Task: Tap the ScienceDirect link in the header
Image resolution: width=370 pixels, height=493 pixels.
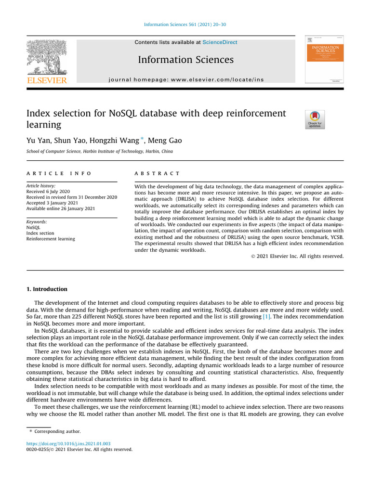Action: pyautogui.click(x=220, y=42)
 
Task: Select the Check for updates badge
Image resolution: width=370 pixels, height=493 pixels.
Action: pyautogui.click(x=315, y=119)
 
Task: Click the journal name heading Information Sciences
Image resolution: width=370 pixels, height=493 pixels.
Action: pyautogui.click(x=185, y=60)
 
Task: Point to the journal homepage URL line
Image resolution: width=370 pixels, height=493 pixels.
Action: pyautogui.click(x=186, y=79)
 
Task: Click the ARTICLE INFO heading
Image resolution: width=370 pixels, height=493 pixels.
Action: pyautogui.click(x=59, y=173)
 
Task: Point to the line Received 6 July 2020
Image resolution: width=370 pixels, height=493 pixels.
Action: pyautogui.click(x=48, y=191)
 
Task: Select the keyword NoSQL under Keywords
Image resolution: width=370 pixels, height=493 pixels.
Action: pyautogui.click(x=33, y=227)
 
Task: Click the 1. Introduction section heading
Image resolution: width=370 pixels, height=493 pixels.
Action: pyautogui.click(x=47, y=289)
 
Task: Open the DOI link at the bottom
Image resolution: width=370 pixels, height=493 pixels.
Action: pyautogui.click(x=68, y=443)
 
